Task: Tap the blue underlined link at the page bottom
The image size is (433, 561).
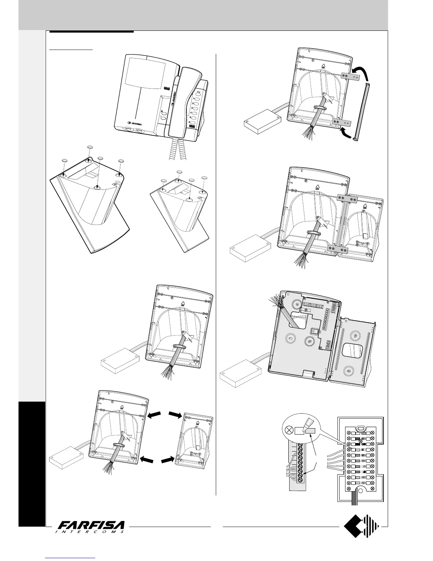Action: tap(71, 559)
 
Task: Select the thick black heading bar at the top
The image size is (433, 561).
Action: tap(92, 32)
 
